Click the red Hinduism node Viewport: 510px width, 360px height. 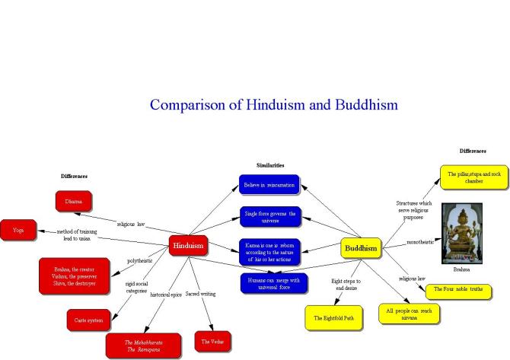pos(188,246)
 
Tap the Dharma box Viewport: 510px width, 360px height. pos(78,202)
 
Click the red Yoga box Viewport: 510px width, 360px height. pos(18,229)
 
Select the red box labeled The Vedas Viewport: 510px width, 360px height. pos(212,342)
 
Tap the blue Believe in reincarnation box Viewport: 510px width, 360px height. pos(268,185)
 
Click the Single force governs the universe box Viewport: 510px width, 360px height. pos(268,216)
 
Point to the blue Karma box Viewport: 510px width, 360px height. pos(268,250)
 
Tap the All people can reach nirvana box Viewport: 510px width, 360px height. pos(410,314)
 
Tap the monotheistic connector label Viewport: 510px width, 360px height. pos(422,242)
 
